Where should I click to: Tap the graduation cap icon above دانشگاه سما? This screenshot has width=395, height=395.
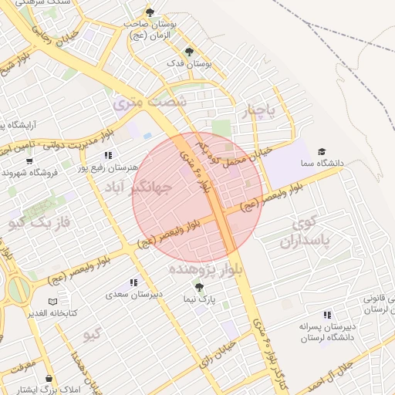pyautogui.click(x=322, y=152)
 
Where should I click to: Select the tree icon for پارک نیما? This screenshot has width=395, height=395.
pyautogui.click(x=199, y=287)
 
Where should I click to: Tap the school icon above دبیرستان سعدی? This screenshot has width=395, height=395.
pyautogui.click(x=133, y=283)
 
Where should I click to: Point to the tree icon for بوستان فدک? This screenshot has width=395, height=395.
pyautogui.click(x=190, y=52)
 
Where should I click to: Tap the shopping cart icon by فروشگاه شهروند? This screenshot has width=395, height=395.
pyautogui.click(x=29, y=161)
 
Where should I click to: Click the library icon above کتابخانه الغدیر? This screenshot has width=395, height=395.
pyautogui.click(x=52, y=301)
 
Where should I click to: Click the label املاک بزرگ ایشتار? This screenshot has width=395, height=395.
pyautogui.click(x=49, y=390)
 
